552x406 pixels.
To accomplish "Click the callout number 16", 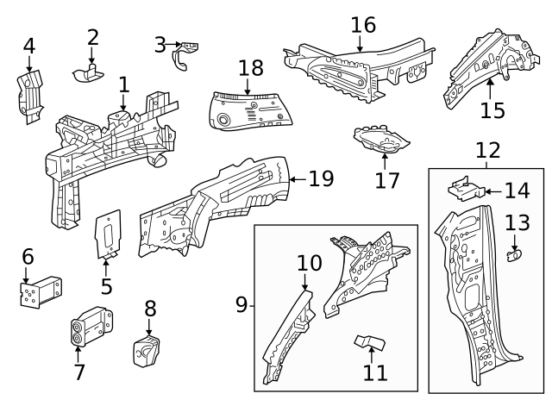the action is click(x=363, y=25).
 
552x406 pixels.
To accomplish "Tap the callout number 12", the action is click(x=487, y=150).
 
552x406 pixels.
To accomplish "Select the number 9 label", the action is click(x=241, y=304).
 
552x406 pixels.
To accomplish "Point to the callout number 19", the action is click(x=321, y=178).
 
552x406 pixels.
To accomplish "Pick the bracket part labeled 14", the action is click(x=466, y=190).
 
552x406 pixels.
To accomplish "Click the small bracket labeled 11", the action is click(x=370, y=342).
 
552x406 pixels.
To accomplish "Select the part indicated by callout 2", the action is click(x=88, y=73).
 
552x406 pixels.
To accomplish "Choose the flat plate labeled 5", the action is click(x=109, y=234).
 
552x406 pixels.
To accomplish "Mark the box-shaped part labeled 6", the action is click(x=41, y=292).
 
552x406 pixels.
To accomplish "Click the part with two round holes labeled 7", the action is click(x=91, y=327).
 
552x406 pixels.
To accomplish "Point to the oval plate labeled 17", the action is click(x=381, y=140).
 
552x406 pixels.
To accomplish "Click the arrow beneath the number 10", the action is click(x=304, y=282).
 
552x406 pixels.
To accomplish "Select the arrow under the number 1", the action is click(x=122, y=103).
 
